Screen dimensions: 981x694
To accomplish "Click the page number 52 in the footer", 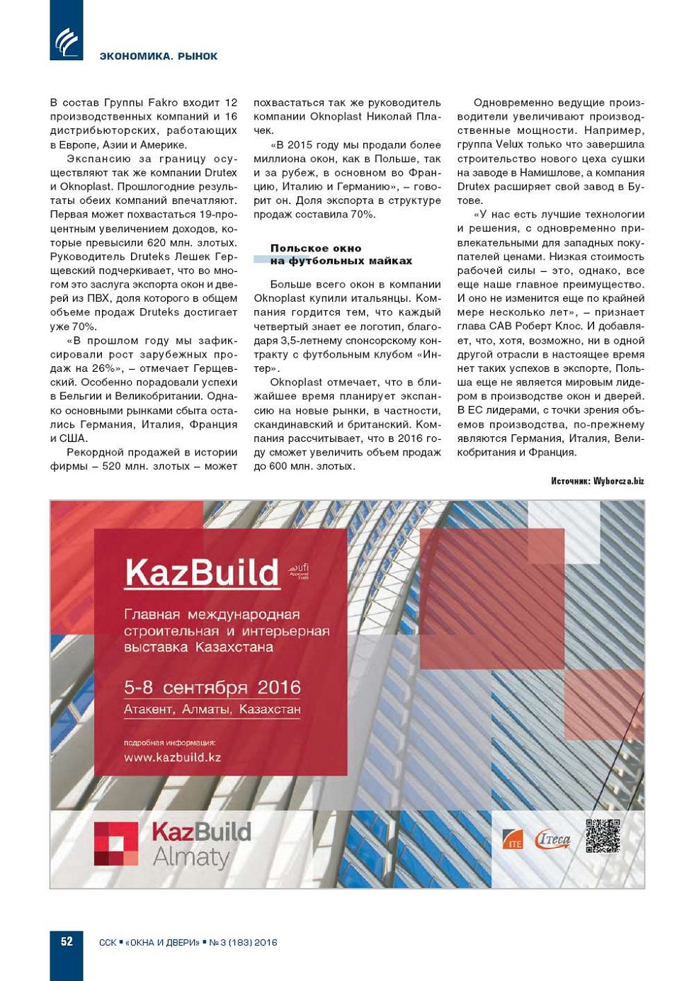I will [x=67, y=941].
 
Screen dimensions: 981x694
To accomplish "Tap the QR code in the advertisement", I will [x=603, y=836].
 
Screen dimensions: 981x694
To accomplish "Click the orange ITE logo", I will [x=513, y=839].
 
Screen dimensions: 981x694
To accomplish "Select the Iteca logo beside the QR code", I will [x=553, y=839].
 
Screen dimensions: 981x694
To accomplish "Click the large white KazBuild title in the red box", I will [x=202, y=572].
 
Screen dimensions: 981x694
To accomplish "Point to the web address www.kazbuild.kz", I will [x=172, y=757].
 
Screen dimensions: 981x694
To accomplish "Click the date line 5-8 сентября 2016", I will [x=212, y=687].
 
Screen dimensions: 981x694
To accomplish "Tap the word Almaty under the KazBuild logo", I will [x=191, y=858].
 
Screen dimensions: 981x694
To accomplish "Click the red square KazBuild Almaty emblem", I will [x=116, y=844].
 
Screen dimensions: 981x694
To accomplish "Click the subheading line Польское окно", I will [x=316, y=248].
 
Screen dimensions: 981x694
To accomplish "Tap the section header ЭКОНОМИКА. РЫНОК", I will [x=159, y=56].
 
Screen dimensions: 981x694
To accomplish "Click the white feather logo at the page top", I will [x=67, y=41].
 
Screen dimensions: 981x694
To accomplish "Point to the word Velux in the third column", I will [x=509, y=144].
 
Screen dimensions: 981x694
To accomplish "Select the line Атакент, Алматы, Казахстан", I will [x=212, y=709].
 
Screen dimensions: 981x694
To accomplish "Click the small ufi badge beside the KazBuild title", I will [x=300, y=570].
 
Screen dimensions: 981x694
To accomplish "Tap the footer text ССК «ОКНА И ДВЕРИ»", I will [x=149, y=942].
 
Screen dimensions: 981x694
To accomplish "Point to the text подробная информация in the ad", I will [x=169, y=742].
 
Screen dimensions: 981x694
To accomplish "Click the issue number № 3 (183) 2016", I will [x=243, y=942].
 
